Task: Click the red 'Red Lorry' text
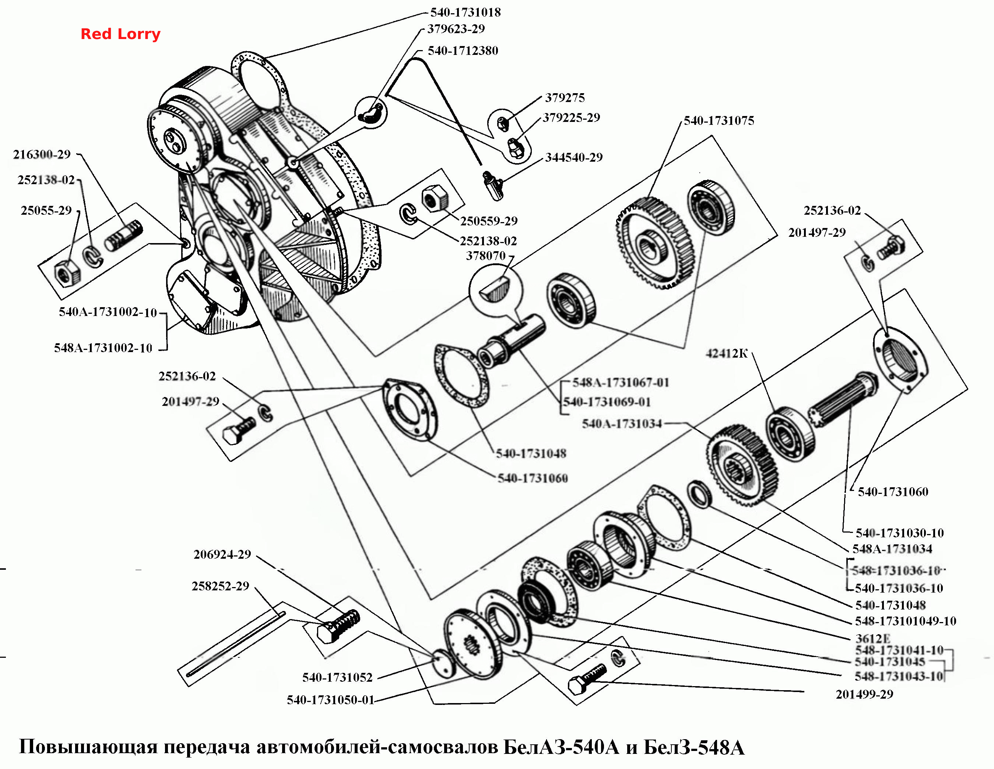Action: pos(120,34)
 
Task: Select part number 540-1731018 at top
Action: pos(466,12)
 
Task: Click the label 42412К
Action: pos(727,354)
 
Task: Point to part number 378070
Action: pos(486,256)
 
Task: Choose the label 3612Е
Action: pos(872,638)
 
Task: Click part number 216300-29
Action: pos(42,155)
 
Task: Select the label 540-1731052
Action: pos(337,678)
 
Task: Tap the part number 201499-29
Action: pos(864,694)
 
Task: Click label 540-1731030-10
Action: pos(900,533)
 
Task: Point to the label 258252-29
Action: pos(220,586)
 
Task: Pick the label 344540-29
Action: pos(574,157)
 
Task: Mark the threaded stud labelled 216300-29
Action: pos(124,235)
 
